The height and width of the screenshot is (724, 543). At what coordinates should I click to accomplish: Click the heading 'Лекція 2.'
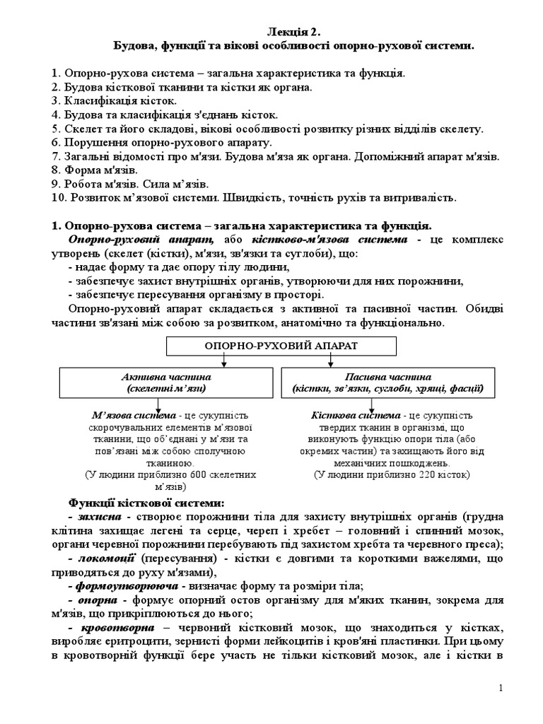(x=294, y=32)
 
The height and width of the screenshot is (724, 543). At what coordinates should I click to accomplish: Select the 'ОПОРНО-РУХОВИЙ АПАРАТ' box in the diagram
(x=281, y=346)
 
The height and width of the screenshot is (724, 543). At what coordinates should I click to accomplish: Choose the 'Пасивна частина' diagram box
(x=388, y=383)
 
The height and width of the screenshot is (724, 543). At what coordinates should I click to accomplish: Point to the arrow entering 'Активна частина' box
(x=223, y=362)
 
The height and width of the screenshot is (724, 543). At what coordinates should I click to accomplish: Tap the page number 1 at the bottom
(x=500, y=688)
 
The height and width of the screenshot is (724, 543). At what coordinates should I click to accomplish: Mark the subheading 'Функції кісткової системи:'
(x=146, y=503)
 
